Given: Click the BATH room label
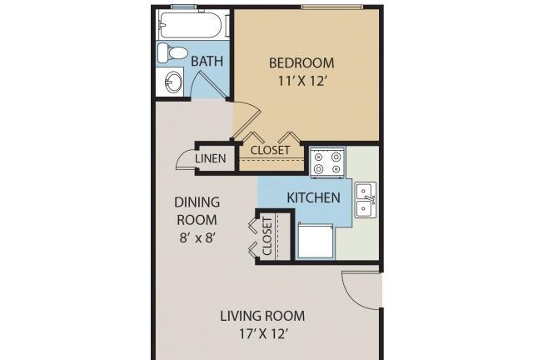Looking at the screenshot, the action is (x=207, y=61).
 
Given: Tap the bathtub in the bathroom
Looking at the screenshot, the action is (x=191, y=25).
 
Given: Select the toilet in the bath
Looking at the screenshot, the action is (x=172, y=52).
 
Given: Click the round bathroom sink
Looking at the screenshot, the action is (x=174, y=82).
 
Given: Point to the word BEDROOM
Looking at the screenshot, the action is (x=301, y=63).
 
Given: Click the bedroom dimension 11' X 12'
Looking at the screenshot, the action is (x=302, y=82).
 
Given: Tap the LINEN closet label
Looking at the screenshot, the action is (x=211, y=158).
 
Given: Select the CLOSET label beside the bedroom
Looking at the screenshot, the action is (x=270, y=150).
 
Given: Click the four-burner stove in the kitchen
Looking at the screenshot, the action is (x=327, y=162).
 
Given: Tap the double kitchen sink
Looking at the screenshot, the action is (x=366, y=200).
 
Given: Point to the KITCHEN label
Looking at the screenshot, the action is (x=313, y=197).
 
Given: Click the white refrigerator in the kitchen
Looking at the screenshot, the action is (x=316, y=240).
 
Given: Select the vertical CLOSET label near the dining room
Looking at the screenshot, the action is (x=267, y=237).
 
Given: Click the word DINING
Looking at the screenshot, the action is (x=197, y=202).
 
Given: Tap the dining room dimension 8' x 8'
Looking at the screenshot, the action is (x=197, y=237).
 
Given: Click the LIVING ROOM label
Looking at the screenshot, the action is (x=262, y=316).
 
